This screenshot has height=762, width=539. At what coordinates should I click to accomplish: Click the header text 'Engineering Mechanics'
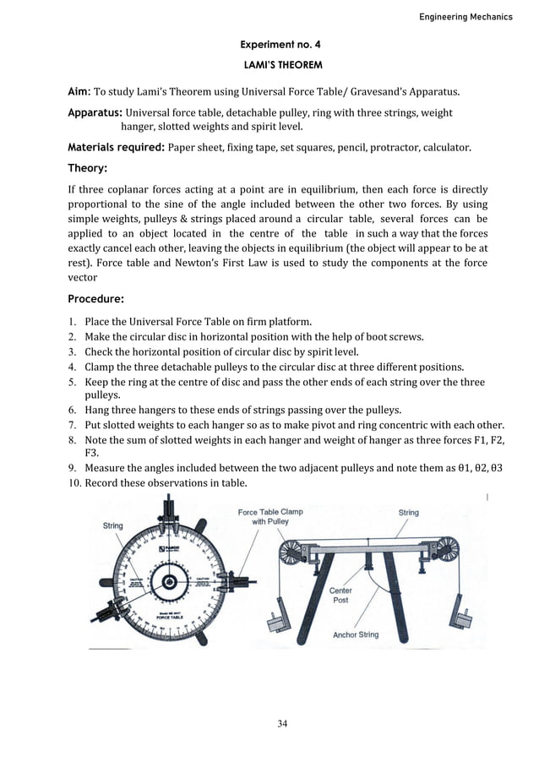465,17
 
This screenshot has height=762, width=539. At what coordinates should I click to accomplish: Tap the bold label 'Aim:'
79,91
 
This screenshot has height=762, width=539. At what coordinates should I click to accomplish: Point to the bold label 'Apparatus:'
95,112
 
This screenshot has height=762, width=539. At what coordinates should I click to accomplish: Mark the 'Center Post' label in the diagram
341,595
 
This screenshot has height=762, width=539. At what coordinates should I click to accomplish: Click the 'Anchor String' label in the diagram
356,634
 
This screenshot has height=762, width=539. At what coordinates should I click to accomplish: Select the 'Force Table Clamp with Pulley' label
269,516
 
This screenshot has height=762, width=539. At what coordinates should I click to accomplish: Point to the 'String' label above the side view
408,512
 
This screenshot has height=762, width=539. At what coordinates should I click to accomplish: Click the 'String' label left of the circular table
112,525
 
